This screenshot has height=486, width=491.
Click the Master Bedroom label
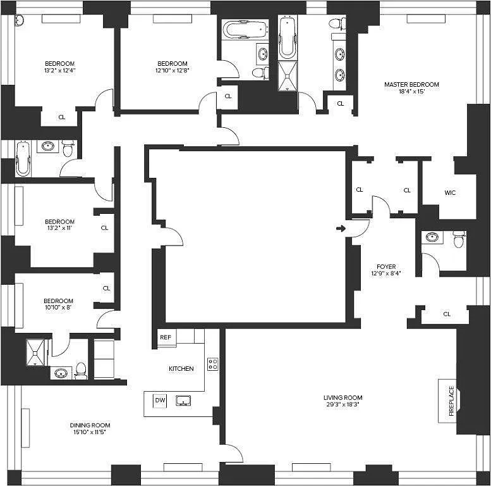coord(411,84)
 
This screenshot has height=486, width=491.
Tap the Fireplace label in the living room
coord(451,401)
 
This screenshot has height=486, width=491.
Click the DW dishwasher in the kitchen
coord(160,401)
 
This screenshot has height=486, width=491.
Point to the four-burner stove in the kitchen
coord(213,364)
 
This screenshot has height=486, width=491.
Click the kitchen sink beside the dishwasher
coord(183,401)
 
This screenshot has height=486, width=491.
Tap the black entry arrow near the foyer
coord(341,228)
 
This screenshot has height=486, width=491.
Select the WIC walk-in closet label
coord(450,192)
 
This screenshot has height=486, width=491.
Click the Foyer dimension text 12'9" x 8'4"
coord(386,273)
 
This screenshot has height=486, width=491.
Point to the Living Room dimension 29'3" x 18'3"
coord(342,404)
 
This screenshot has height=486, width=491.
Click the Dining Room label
coord(90,425)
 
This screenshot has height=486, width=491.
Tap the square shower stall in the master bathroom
coord(288,76)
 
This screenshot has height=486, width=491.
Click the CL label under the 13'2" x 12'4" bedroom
coord(62,117)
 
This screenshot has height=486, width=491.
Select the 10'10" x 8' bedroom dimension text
coord(58,308)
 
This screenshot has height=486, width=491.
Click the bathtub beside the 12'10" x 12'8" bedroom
coord(245,30)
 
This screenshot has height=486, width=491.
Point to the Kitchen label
coord(181,368)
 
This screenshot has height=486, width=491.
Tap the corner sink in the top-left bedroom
coord(19,21)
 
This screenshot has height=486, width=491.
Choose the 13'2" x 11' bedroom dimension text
coord(59,228)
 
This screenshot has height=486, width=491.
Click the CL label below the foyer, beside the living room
coord(447,314)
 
